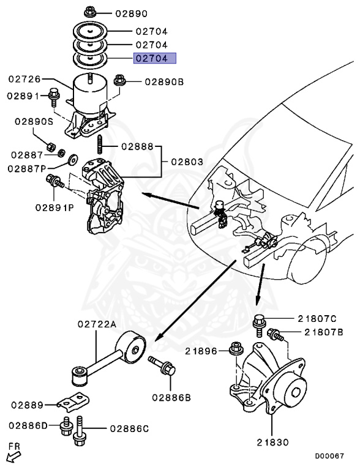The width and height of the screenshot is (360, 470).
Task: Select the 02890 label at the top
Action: [132, 13]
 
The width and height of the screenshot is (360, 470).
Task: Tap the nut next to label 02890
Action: [89, 13]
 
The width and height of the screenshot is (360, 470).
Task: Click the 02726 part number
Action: [24, 79]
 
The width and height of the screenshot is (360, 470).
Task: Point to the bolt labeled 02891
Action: [54, 97]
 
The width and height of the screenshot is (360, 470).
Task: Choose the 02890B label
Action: [164, 82]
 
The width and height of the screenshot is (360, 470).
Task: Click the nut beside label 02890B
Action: [119, 81]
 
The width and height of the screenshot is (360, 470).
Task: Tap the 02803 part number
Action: [187, 162]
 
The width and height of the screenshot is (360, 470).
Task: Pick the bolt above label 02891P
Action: [54, 181]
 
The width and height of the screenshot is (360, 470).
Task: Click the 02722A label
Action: [97, 324]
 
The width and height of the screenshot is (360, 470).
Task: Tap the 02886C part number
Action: [129, 428]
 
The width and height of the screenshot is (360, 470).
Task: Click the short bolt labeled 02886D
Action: [66, 427]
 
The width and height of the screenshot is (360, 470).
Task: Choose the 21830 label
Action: [272, 442]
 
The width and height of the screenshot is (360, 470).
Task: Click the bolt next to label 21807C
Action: [259, 325]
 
